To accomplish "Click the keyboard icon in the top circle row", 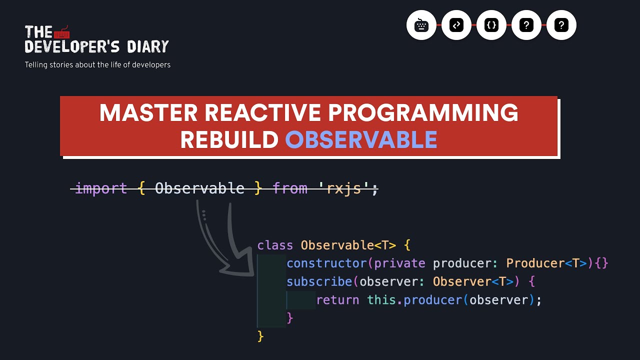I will tap(421, 25).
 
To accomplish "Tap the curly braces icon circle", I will tap(491, 25).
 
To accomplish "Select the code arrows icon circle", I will tap(456, 25).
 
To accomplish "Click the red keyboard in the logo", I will tap(62, 33).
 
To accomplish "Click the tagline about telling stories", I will tap(97, 65).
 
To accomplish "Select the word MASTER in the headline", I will tap(148, 113).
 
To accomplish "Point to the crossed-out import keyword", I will tap(100, 188).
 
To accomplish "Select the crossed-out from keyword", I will tap(290, 188).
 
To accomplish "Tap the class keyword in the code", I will tap(275, 245).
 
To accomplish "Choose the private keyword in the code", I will tap(399, 263).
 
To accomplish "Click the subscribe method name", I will tap(319, 282).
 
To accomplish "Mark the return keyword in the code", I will tap(337, 300).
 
